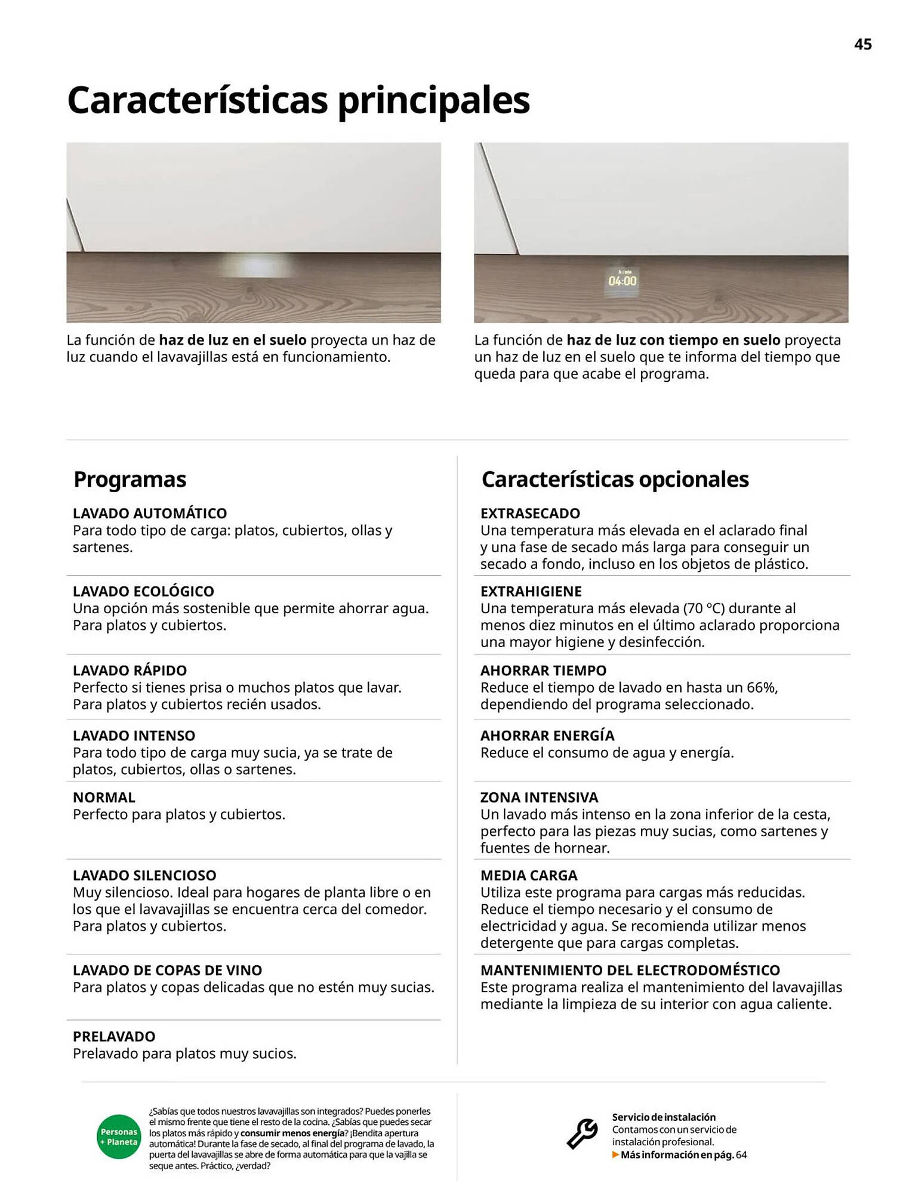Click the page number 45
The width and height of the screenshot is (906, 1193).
862,45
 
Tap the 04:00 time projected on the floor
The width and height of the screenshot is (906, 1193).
622,280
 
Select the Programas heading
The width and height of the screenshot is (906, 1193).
130,480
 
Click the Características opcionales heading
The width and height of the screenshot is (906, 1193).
615,480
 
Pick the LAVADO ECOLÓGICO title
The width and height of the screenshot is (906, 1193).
143,591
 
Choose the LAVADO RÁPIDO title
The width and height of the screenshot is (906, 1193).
130,670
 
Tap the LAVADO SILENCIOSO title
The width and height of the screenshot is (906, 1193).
144,875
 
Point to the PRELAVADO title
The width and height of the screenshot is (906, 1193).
114,1036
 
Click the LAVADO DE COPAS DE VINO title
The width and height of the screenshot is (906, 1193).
167,970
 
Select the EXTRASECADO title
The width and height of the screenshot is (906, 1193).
530,513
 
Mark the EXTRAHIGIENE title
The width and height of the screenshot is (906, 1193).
531,591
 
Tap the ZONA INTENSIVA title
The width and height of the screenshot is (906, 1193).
539,798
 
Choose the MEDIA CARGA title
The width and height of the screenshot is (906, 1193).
529,875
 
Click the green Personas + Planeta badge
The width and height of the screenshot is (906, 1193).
119,1136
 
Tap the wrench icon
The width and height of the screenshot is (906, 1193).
582,1133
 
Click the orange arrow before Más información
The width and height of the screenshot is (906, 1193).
615,1155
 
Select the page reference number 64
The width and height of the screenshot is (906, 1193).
741,1155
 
